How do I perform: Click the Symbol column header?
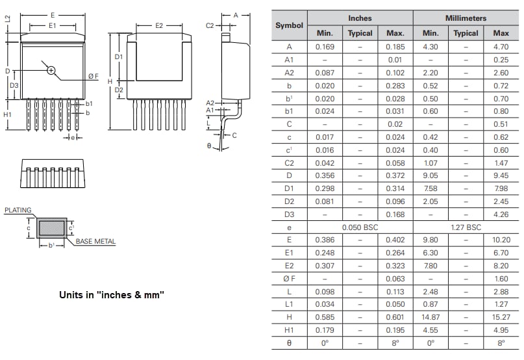(289, 26)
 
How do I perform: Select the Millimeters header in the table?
(466, 18)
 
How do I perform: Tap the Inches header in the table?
(360, 18)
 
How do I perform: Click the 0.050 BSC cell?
(360, 227)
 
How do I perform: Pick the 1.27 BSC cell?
(466, 227)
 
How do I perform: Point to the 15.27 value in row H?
(501, 316)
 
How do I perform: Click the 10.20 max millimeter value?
(501, 239)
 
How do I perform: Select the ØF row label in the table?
(289, 278)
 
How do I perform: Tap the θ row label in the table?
(289, 342)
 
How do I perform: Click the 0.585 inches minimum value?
(325, 316)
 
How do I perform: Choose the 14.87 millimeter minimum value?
(430, 316)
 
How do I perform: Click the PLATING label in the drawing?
(18, 211)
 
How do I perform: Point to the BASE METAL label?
(95, 242)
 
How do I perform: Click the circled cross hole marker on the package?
(51, 70)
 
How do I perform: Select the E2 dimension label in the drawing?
(159, 25)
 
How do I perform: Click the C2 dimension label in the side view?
(210, 25)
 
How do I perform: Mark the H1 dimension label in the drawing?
(8, 114)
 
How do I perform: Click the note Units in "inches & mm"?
(112, 294)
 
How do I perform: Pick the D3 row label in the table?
(289, 214)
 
